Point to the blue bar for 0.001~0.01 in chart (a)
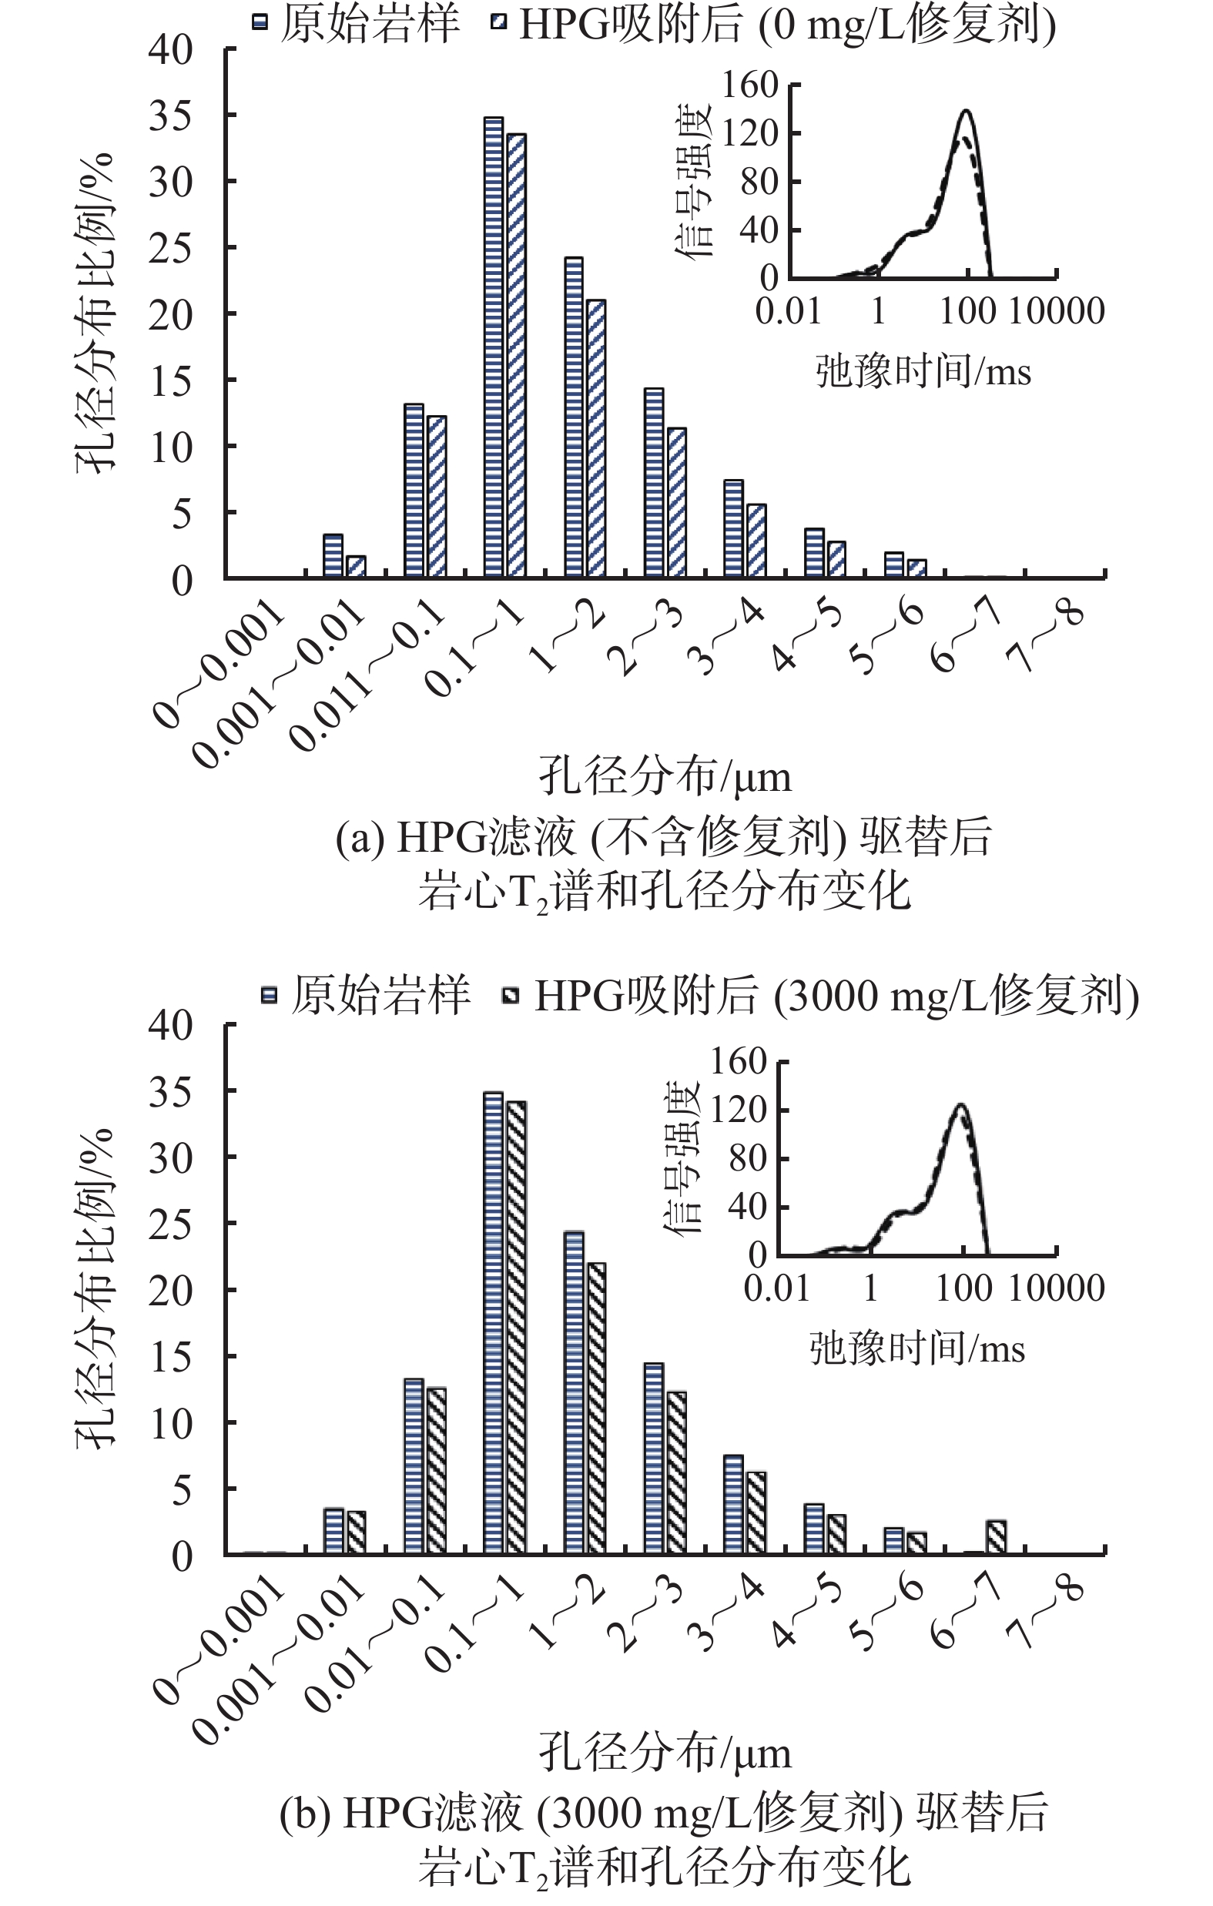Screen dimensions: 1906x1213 [333, 556]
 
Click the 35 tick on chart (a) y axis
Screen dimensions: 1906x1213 [171, 116]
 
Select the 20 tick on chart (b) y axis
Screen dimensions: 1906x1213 [171, 1291]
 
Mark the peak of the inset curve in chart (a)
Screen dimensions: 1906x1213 [966, 111]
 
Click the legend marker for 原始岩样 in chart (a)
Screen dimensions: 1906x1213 [259, 22]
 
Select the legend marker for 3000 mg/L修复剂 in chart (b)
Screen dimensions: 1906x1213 [511, 995]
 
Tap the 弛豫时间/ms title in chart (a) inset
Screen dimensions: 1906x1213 [923, 370]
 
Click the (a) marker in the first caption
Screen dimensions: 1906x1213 [360, 837]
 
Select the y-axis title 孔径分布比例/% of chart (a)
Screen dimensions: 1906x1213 [96, 313]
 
